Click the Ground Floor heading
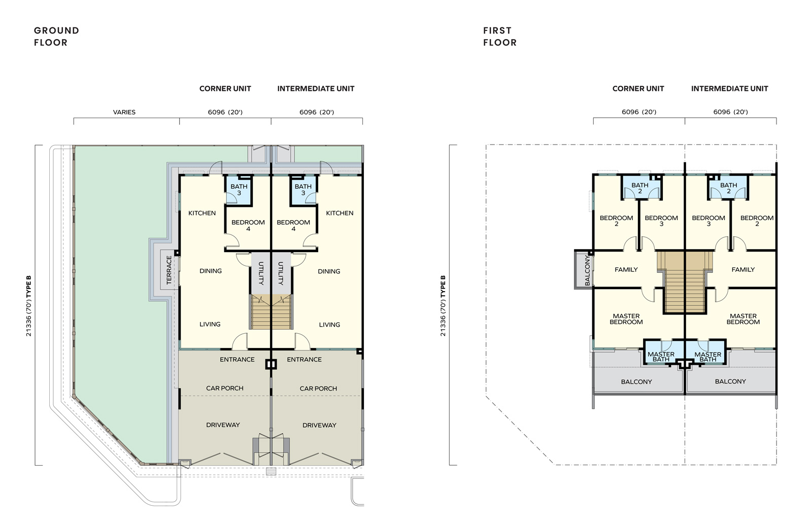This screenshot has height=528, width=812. coord(56,36)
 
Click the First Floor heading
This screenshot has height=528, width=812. coord(500,36)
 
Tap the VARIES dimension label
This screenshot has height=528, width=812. coord(124,112)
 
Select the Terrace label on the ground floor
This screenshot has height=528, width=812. coord(169,270)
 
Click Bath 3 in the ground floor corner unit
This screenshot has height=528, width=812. coord(239,190)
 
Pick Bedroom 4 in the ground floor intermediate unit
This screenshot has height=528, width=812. coord(293,225)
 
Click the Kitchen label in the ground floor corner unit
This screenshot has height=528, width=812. coord(202,213)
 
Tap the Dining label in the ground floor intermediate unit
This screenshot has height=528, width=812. coord(329,271)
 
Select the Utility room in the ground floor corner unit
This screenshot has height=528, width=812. coord(261,273)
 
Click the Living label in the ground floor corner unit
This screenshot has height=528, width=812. coord(210,324)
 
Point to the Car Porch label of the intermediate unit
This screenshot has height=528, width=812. coord(318,389)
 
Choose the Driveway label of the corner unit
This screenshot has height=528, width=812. coord(223,425)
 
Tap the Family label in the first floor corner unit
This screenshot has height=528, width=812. coord(626,270)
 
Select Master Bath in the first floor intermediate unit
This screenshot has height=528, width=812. coord(707,357)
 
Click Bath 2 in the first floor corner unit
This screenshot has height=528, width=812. coord(640,188)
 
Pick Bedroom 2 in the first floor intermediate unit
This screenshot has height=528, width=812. coord(757,221)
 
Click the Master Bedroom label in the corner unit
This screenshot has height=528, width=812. coord(626,319)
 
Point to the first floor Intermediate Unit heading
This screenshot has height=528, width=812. coord(729,89)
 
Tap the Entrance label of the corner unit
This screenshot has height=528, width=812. coord(237,360)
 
